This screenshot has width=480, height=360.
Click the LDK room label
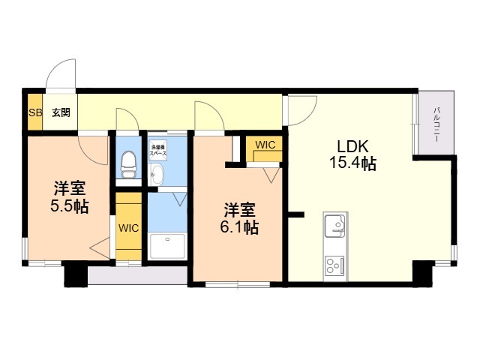(351, 145)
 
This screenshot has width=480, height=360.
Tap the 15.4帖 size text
(351, 163)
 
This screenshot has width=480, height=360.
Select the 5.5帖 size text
(69, 205)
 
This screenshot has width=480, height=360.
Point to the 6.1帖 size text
(241, 226)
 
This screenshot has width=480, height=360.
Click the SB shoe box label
(34, 113)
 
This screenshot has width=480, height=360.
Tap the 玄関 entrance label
(61, 113)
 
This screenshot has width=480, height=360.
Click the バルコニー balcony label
(436, 124)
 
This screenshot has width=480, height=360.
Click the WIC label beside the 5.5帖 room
(127, 227)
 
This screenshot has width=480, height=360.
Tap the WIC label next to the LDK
(265, 145)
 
